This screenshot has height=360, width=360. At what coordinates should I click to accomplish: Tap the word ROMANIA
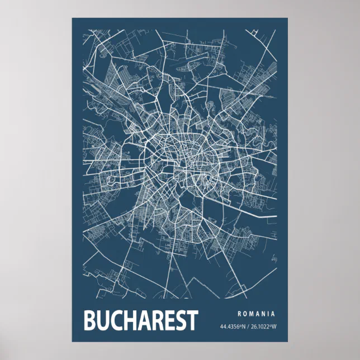[256, 314]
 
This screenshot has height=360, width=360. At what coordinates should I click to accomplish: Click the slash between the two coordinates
[249, 326]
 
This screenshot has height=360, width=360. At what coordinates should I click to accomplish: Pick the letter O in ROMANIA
[245, 314]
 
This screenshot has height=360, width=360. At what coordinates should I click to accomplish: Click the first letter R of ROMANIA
[239, 314]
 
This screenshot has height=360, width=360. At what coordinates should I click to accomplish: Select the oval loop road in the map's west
[110, 180]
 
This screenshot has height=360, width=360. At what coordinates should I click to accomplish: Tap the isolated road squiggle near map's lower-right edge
[274, 259]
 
